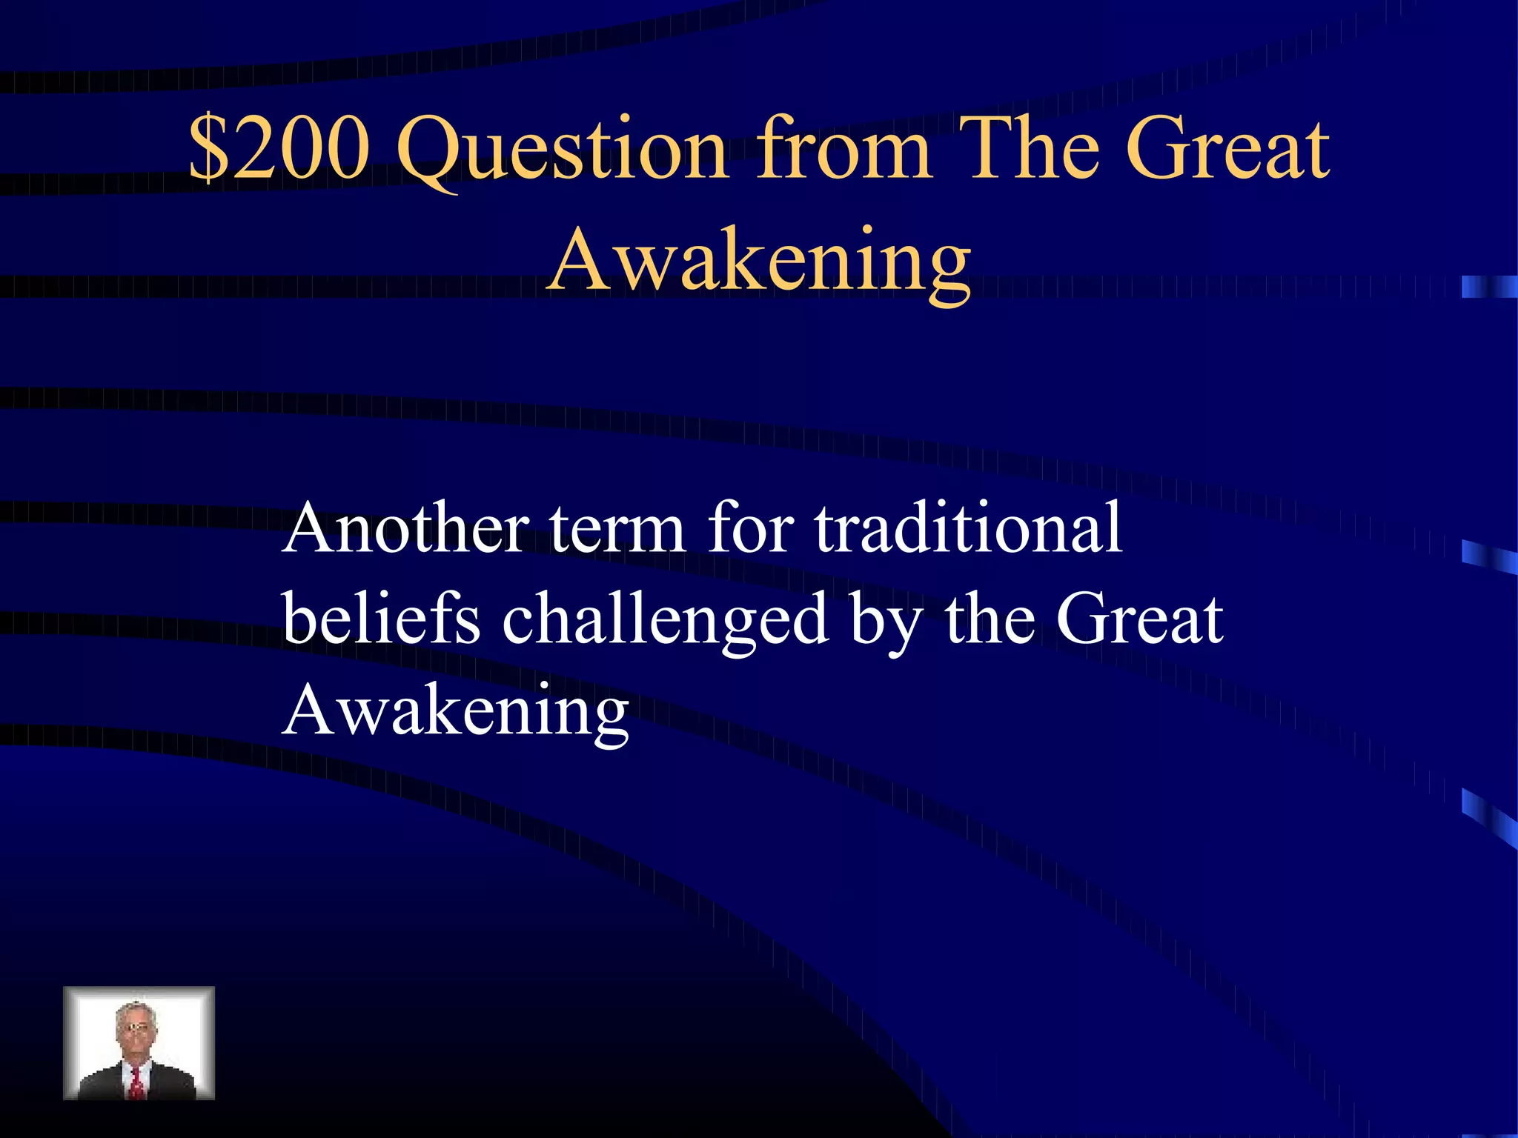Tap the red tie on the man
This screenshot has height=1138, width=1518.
[x=137, y=1083]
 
